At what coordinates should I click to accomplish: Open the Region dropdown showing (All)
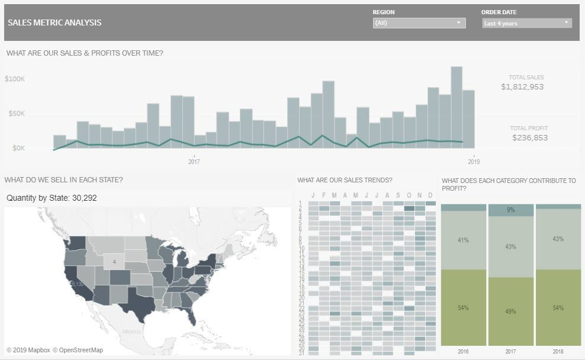[x=419, y=23]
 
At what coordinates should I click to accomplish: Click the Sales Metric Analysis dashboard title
[x=54, y=23]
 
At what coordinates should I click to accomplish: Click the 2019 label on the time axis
[x=474, y=161]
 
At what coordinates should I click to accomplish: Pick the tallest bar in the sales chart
[x=457, y=107]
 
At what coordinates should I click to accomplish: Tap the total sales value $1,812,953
[x=522, y=87]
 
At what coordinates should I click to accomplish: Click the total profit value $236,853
[x=530, y=138]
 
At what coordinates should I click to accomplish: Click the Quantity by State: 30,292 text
[x=52, y=198]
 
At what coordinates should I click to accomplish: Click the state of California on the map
[x=76, y=281]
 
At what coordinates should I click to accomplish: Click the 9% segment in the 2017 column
[x=510, y=210]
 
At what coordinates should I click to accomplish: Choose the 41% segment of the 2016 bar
[x=464, y=240]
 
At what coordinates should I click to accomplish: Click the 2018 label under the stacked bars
[x=558, y=352]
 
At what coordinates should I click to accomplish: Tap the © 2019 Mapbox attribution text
[x=28, y=350]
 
